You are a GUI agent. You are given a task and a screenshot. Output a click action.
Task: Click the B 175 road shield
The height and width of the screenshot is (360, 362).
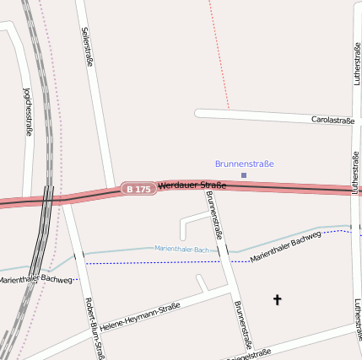(x=138, y=189)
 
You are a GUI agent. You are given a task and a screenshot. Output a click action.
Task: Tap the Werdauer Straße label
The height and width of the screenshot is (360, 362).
(x=192, y=185)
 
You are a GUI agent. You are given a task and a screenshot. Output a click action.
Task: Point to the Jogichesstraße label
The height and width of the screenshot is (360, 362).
(x=28, y=110)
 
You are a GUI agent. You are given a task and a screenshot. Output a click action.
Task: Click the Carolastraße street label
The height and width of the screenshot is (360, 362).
(x=332, y=121)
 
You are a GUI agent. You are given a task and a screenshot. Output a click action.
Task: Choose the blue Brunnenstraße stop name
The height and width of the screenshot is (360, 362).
(x=245, y=164)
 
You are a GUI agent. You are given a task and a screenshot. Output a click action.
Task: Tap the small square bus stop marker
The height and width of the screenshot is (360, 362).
(x=244, y=175)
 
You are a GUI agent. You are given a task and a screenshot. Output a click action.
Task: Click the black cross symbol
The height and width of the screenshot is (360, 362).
(x=277, y=298)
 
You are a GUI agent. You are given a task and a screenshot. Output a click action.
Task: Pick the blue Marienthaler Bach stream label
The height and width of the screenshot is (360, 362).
(x=181, y=250)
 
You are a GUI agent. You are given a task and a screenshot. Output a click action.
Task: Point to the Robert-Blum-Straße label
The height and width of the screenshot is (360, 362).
(x=95, y=329)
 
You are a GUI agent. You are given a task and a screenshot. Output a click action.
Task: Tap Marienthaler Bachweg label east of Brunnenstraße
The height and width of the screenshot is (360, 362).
(x=286, y=245)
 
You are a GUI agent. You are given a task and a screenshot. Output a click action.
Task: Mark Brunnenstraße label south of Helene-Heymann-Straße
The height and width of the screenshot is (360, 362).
(x=243, y=325)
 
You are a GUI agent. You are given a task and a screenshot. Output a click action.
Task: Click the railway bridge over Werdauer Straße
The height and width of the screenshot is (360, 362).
(x=47, y=197)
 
